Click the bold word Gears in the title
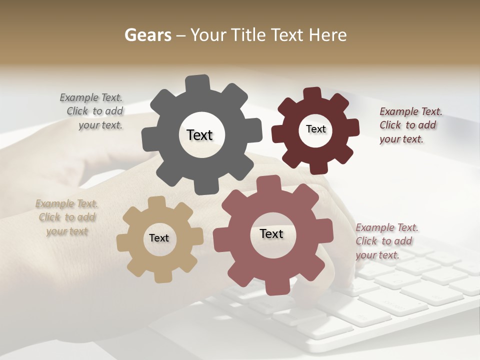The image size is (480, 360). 148,35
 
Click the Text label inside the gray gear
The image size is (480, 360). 199,135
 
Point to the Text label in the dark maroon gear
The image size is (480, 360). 315,129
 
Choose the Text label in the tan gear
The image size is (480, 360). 159,238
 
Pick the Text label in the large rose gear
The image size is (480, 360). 271,233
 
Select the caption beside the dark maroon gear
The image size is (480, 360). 410,125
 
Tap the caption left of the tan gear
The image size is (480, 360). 67,217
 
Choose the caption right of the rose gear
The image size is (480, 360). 386,241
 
